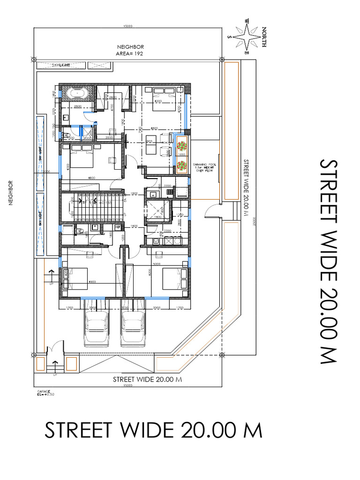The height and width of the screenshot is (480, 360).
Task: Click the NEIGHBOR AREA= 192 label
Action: point(130,50)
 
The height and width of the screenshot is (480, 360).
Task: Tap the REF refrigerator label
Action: point(118,227)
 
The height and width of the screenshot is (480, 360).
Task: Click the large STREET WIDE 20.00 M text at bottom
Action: point(153,430)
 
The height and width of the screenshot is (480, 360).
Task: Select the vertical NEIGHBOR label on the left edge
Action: point(9,194)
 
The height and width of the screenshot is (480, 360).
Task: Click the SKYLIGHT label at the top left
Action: point(61,65)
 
